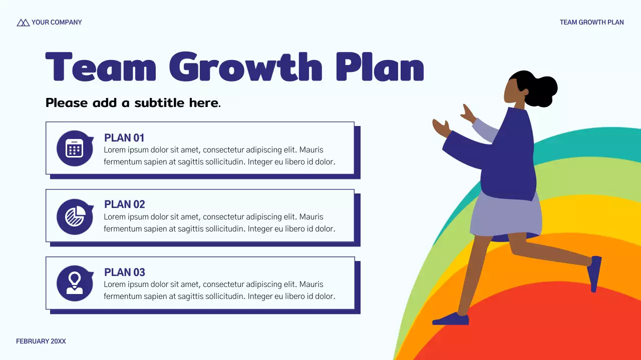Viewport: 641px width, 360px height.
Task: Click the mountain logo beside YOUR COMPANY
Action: coord(23,22)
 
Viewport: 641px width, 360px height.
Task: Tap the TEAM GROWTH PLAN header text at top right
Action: coord(591,22)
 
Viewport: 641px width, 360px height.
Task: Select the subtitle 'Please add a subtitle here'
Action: coord(133,103)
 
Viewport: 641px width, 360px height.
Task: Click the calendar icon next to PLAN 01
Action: coord(74,148)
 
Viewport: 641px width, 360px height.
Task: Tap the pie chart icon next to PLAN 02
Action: coord(74,216)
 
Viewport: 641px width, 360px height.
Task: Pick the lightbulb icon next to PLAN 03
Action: coord(74,283)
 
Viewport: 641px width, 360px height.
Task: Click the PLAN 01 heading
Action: coord(124,138)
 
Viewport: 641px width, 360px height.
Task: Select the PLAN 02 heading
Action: coord(124,204)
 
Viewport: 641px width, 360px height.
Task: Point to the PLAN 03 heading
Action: coord(124,272)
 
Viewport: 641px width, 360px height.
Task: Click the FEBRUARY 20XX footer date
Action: coord(41,341)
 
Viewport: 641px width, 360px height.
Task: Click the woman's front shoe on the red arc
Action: coord(451,319)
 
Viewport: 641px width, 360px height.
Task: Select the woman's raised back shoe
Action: coord(595,273)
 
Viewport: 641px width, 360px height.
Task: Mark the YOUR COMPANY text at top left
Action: coord(57,22)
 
